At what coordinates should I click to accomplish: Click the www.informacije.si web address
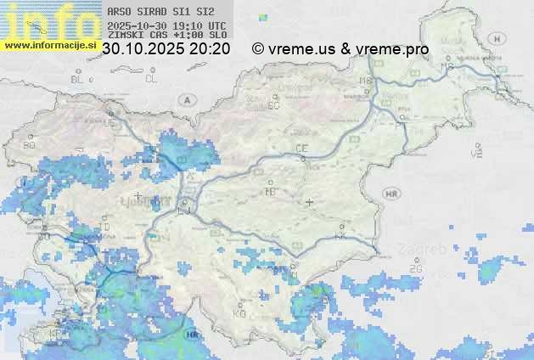click(x=49, y=45)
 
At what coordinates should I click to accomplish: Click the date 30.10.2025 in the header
click(x=143, y=49)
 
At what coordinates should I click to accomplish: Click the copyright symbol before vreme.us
click(x=259, y=49)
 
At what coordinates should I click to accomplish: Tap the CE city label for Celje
click(x=301, y=149)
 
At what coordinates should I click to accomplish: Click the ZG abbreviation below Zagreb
click(x=415, y=268)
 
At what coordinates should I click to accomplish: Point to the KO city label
click(x=239, y=313)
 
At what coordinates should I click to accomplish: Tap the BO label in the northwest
click(x=30, y=145)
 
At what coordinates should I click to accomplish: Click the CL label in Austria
click(x=151, y=79)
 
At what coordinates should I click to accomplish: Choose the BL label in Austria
click(x=79, y=79)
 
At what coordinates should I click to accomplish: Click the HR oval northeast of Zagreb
click(x=391, y=194)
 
